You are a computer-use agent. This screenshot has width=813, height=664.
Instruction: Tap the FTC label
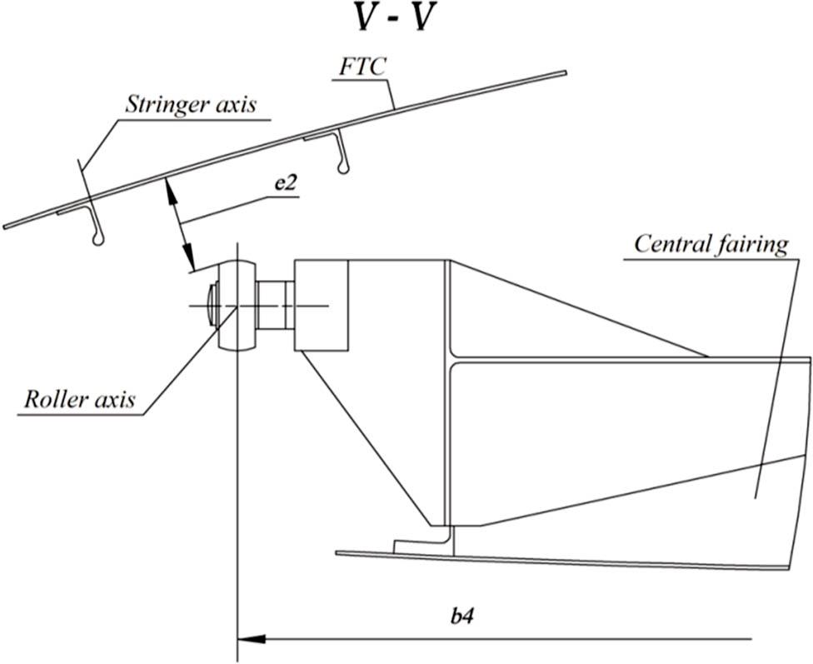[x=362, y=67]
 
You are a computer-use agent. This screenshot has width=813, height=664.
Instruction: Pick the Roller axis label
[x=79, y=398]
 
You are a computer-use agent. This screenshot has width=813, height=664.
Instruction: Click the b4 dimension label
[x=463, y=617]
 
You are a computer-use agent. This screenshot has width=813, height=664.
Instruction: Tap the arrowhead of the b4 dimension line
[x=251, y=639]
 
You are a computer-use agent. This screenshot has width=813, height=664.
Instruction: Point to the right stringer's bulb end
[x=342, y=171]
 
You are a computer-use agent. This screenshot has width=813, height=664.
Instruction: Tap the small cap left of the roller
[x=212, y=306]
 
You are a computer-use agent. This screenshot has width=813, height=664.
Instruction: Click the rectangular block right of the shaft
[x=320, y=304]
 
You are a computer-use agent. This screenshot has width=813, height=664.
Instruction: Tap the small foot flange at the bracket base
[x=416, y=545]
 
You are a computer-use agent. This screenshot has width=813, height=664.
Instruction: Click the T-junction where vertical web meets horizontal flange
[x=450, y=360]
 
